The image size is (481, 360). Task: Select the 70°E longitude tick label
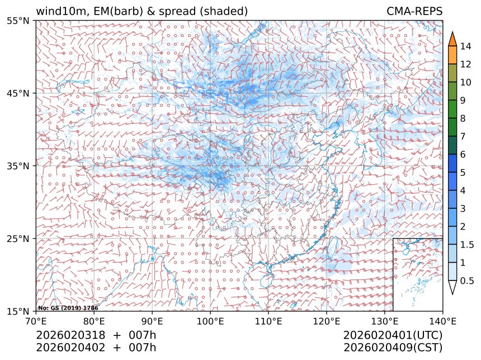click(x=36, y=321)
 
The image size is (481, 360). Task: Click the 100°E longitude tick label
click(x=210, y=321)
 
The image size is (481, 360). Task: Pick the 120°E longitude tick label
click(x=327, y=321)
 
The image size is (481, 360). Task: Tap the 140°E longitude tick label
click(x=442, y=321)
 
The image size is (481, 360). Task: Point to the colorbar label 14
click(x=465, y=46)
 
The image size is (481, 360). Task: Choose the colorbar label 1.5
click(x=468, y=245)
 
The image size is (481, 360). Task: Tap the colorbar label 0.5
click(x=468, y=281)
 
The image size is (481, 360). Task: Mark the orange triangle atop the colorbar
click(x=453, y=39)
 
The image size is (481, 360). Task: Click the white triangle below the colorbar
click(x=453, y=288)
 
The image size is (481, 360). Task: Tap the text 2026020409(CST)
click(x=393, y=347)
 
